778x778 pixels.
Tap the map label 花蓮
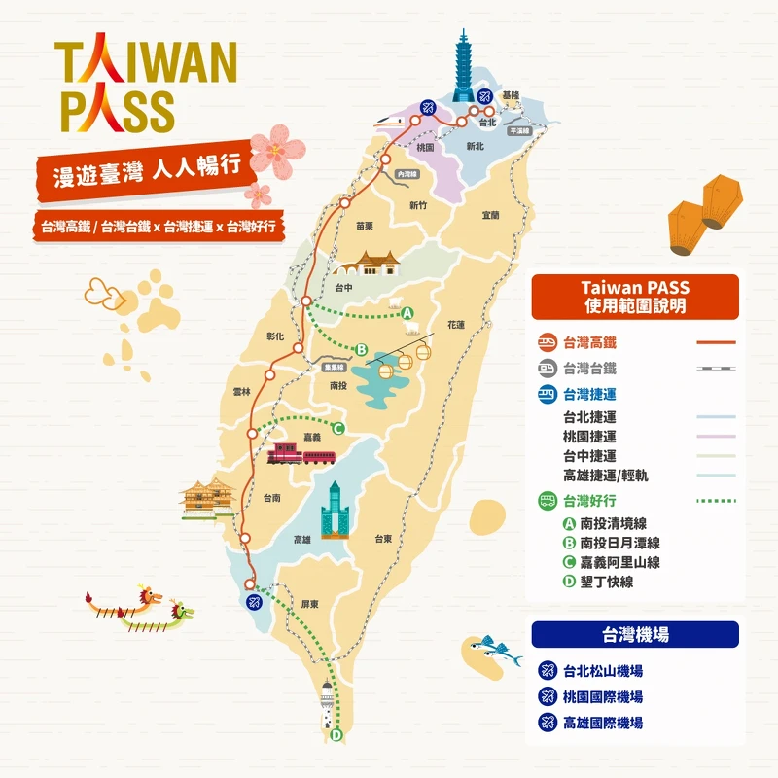click(x=456, y=324)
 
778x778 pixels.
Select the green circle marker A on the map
click(x=407, y=312)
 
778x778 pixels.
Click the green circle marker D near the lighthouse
click(x=336, y=735)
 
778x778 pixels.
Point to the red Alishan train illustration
click(x=301, y=454)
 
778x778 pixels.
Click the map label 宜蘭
click(x=489, y=215)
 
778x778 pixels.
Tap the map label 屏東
click(x=310, y=603)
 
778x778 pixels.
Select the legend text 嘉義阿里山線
click(x=619, y=562)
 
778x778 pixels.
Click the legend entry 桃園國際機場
click(x=603, y=697)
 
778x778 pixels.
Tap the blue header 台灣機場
click(x=634, y=635)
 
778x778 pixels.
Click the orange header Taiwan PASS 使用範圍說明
click(x=634, y=297)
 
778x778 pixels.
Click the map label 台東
click(x=385, y=538)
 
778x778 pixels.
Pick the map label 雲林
click(x=242, y=391)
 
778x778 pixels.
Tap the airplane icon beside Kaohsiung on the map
click(x=252, y=600)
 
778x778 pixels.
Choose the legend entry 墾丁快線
click(x=606, y=582)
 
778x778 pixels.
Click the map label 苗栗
click(x=365, y=226)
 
